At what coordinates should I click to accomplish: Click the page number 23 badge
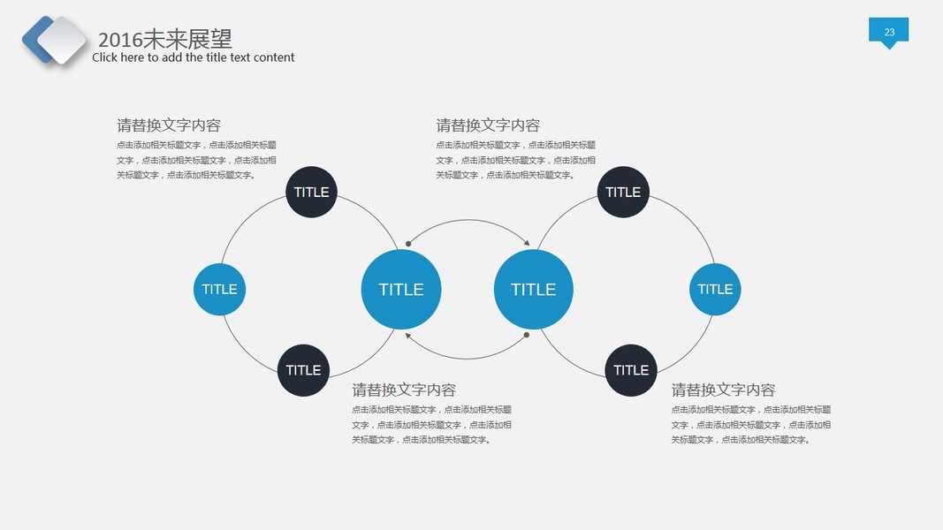click(888, 32)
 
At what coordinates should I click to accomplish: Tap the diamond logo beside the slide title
click(55, 40)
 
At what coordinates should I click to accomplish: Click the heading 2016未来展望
click(164, 39)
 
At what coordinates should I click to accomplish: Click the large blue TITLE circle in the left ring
click(400, 289)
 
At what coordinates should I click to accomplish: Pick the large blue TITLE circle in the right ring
click(533, 289)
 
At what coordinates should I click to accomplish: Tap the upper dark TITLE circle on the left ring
click(311, 192)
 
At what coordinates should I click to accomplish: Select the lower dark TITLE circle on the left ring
click(303, 370)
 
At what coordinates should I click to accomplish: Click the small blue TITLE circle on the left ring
click(219, 289)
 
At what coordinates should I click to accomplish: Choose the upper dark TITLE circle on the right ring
click(623, 192)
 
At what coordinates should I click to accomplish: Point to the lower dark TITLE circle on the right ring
click(631, 370)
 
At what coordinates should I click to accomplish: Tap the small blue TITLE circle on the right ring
click(715, 289)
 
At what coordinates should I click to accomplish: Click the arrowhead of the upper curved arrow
click(527, 243)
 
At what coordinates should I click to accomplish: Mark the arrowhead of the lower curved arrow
click(407, 335)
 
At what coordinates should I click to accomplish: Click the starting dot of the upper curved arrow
click(407, 243)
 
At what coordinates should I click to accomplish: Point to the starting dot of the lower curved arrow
click(527, 335)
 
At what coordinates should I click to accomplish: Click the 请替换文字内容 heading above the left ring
click(169, 125)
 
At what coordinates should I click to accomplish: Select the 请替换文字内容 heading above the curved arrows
click(488, 125)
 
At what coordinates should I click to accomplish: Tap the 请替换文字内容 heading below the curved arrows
click(404, 390)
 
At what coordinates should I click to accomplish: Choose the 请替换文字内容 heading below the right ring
click(723, 390)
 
